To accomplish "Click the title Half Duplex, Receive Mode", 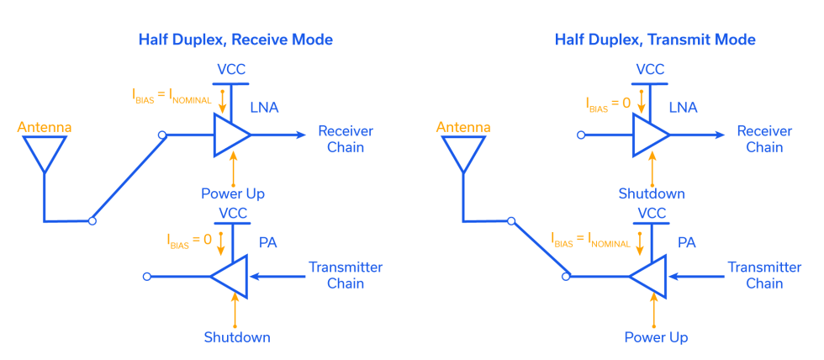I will coord(235,40).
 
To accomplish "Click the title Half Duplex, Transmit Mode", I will coord(655,40).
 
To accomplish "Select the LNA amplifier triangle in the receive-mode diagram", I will coord(230,135).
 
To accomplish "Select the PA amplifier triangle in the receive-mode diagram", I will coord(231,276).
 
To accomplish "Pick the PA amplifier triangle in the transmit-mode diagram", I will coord(650,276).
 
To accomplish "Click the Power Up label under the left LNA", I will coord(233,194).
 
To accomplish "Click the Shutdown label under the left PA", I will coord(236,337).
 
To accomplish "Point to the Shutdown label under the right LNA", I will coord(650,194).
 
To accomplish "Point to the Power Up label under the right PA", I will coord(656,337).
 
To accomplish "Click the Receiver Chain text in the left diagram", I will coord(345,139).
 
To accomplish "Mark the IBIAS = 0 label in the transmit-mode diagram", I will coord(607,103).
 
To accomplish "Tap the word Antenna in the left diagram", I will coord(44,128).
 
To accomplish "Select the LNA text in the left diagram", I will coord(264,108).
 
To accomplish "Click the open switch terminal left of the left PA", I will coord(147,276).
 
